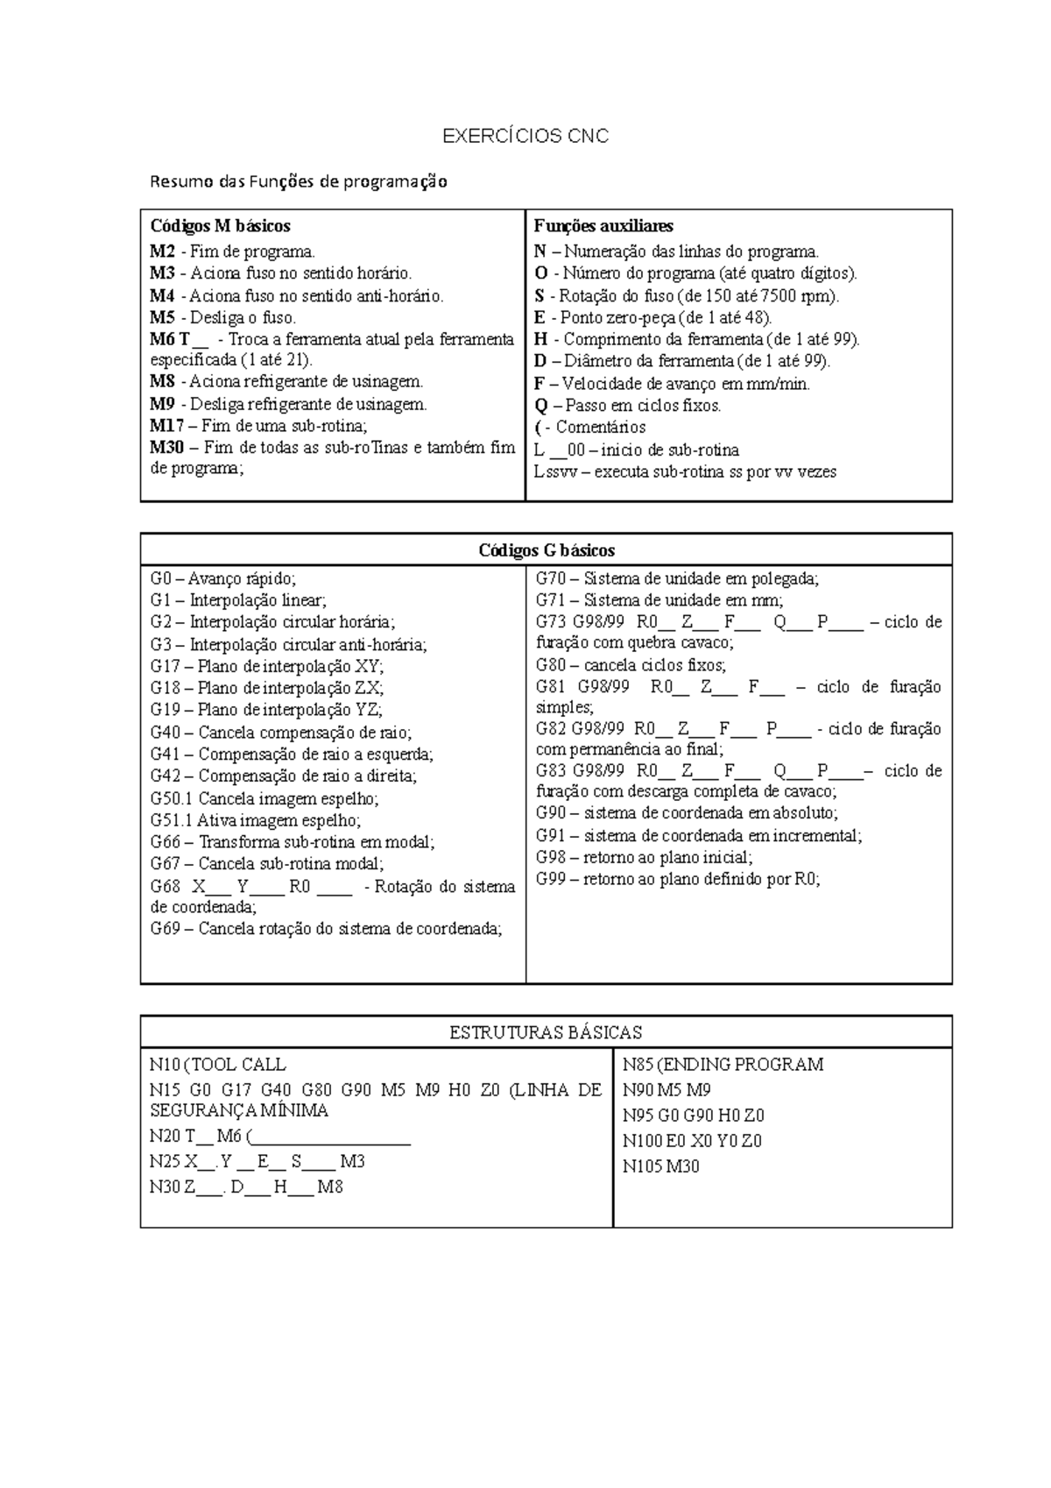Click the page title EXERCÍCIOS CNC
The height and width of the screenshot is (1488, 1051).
click(525, 137)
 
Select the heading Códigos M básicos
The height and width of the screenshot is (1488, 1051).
click(220, 226)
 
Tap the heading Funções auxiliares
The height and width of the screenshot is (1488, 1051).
click(603, 226)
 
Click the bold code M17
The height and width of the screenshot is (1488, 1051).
click(166, 426)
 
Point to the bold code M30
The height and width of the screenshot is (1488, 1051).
click(166, 448)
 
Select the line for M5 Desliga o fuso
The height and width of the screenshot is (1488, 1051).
click(223, 317)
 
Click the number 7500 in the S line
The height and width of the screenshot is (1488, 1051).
click(780, 295)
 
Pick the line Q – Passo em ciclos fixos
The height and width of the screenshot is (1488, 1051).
click(627, 406)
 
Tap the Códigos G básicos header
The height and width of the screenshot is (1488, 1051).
click(546, 550)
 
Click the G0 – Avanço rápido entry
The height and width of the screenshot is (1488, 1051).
click(223, 579)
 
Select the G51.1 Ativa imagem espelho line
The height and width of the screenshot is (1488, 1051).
click(255, 821)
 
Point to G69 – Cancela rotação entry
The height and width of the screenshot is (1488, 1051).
click(326, 929)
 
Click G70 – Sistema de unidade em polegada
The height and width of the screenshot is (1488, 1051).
click(676, 579)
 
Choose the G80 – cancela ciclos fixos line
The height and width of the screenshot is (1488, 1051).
click(631, 665)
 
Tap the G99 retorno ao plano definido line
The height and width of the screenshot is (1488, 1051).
click(677, 880)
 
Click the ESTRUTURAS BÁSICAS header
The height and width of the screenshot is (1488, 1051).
click(546, 1032)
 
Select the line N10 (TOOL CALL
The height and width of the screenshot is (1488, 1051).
click(217, 1065)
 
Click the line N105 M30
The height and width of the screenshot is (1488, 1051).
click(660, 1166)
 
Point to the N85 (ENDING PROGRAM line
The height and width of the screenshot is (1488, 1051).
click(723, 1065)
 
